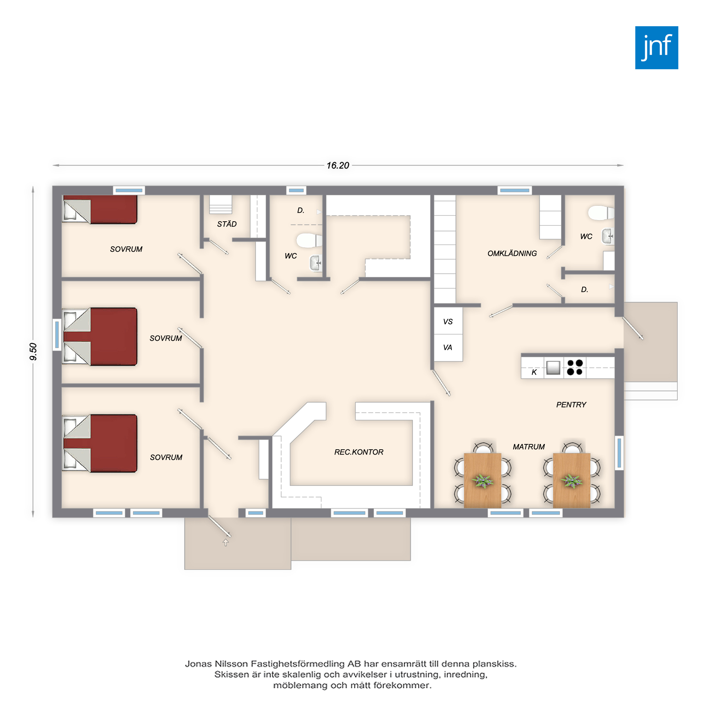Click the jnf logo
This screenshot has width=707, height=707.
pyautogui.click(x=656, y=48)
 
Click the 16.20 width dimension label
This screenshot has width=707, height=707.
pyautogui.click(x=338, y=166)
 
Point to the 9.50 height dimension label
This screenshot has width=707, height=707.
pyautogui.click(x=33, y=351)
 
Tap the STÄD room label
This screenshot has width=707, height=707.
pyautogui.click(x=227, y=224)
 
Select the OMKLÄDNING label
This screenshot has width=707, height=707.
pyautogui.click(x=512, y=253)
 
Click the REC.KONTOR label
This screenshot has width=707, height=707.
pyautogui.click(x=358, y=452)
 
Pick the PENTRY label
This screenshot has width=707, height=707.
pyautogui.click(x=571, y=404)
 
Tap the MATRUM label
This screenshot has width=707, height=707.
pyautogui.click(x=528, y=446)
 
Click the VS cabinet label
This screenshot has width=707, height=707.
pyautogui.click(x=448, y=322)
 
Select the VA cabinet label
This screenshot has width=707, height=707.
pyautogui.click(x=448, y=347)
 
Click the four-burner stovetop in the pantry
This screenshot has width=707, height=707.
pyautogui.click(x=575, y=367)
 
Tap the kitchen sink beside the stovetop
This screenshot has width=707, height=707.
pyautogui.click(x=553, y=368)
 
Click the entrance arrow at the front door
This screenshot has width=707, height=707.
pyautogui.click(x=226, y=543)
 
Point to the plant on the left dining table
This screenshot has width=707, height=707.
pyautogui.click(x=483, y=480)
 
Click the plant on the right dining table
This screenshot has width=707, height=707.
pyautogui.click(x=571, y=480)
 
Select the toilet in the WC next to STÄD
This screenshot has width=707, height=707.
pyautogui.click(x=309, y=240)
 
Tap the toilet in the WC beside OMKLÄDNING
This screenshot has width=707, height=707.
pyautogui.click(x=601, y=212)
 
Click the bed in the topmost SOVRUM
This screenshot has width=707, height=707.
pyautogui.click(x=100, y=209)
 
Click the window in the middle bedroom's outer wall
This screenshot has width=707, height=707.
pyautogui.click(x=57, y=335)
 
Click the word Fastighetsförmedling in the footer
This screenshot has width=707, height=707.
pyautogui.click(x=303, y=664)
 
